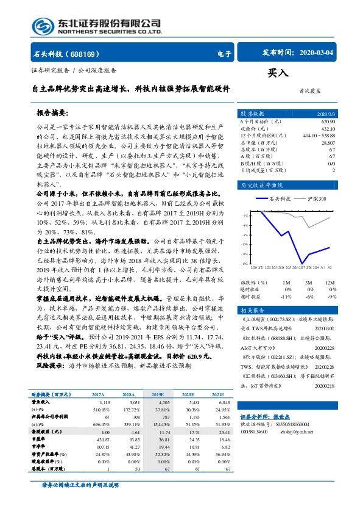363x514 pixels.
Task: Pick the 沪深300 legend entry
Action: [317, 199]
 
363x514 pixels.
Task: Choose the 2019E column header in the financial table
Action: [158, 396]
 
